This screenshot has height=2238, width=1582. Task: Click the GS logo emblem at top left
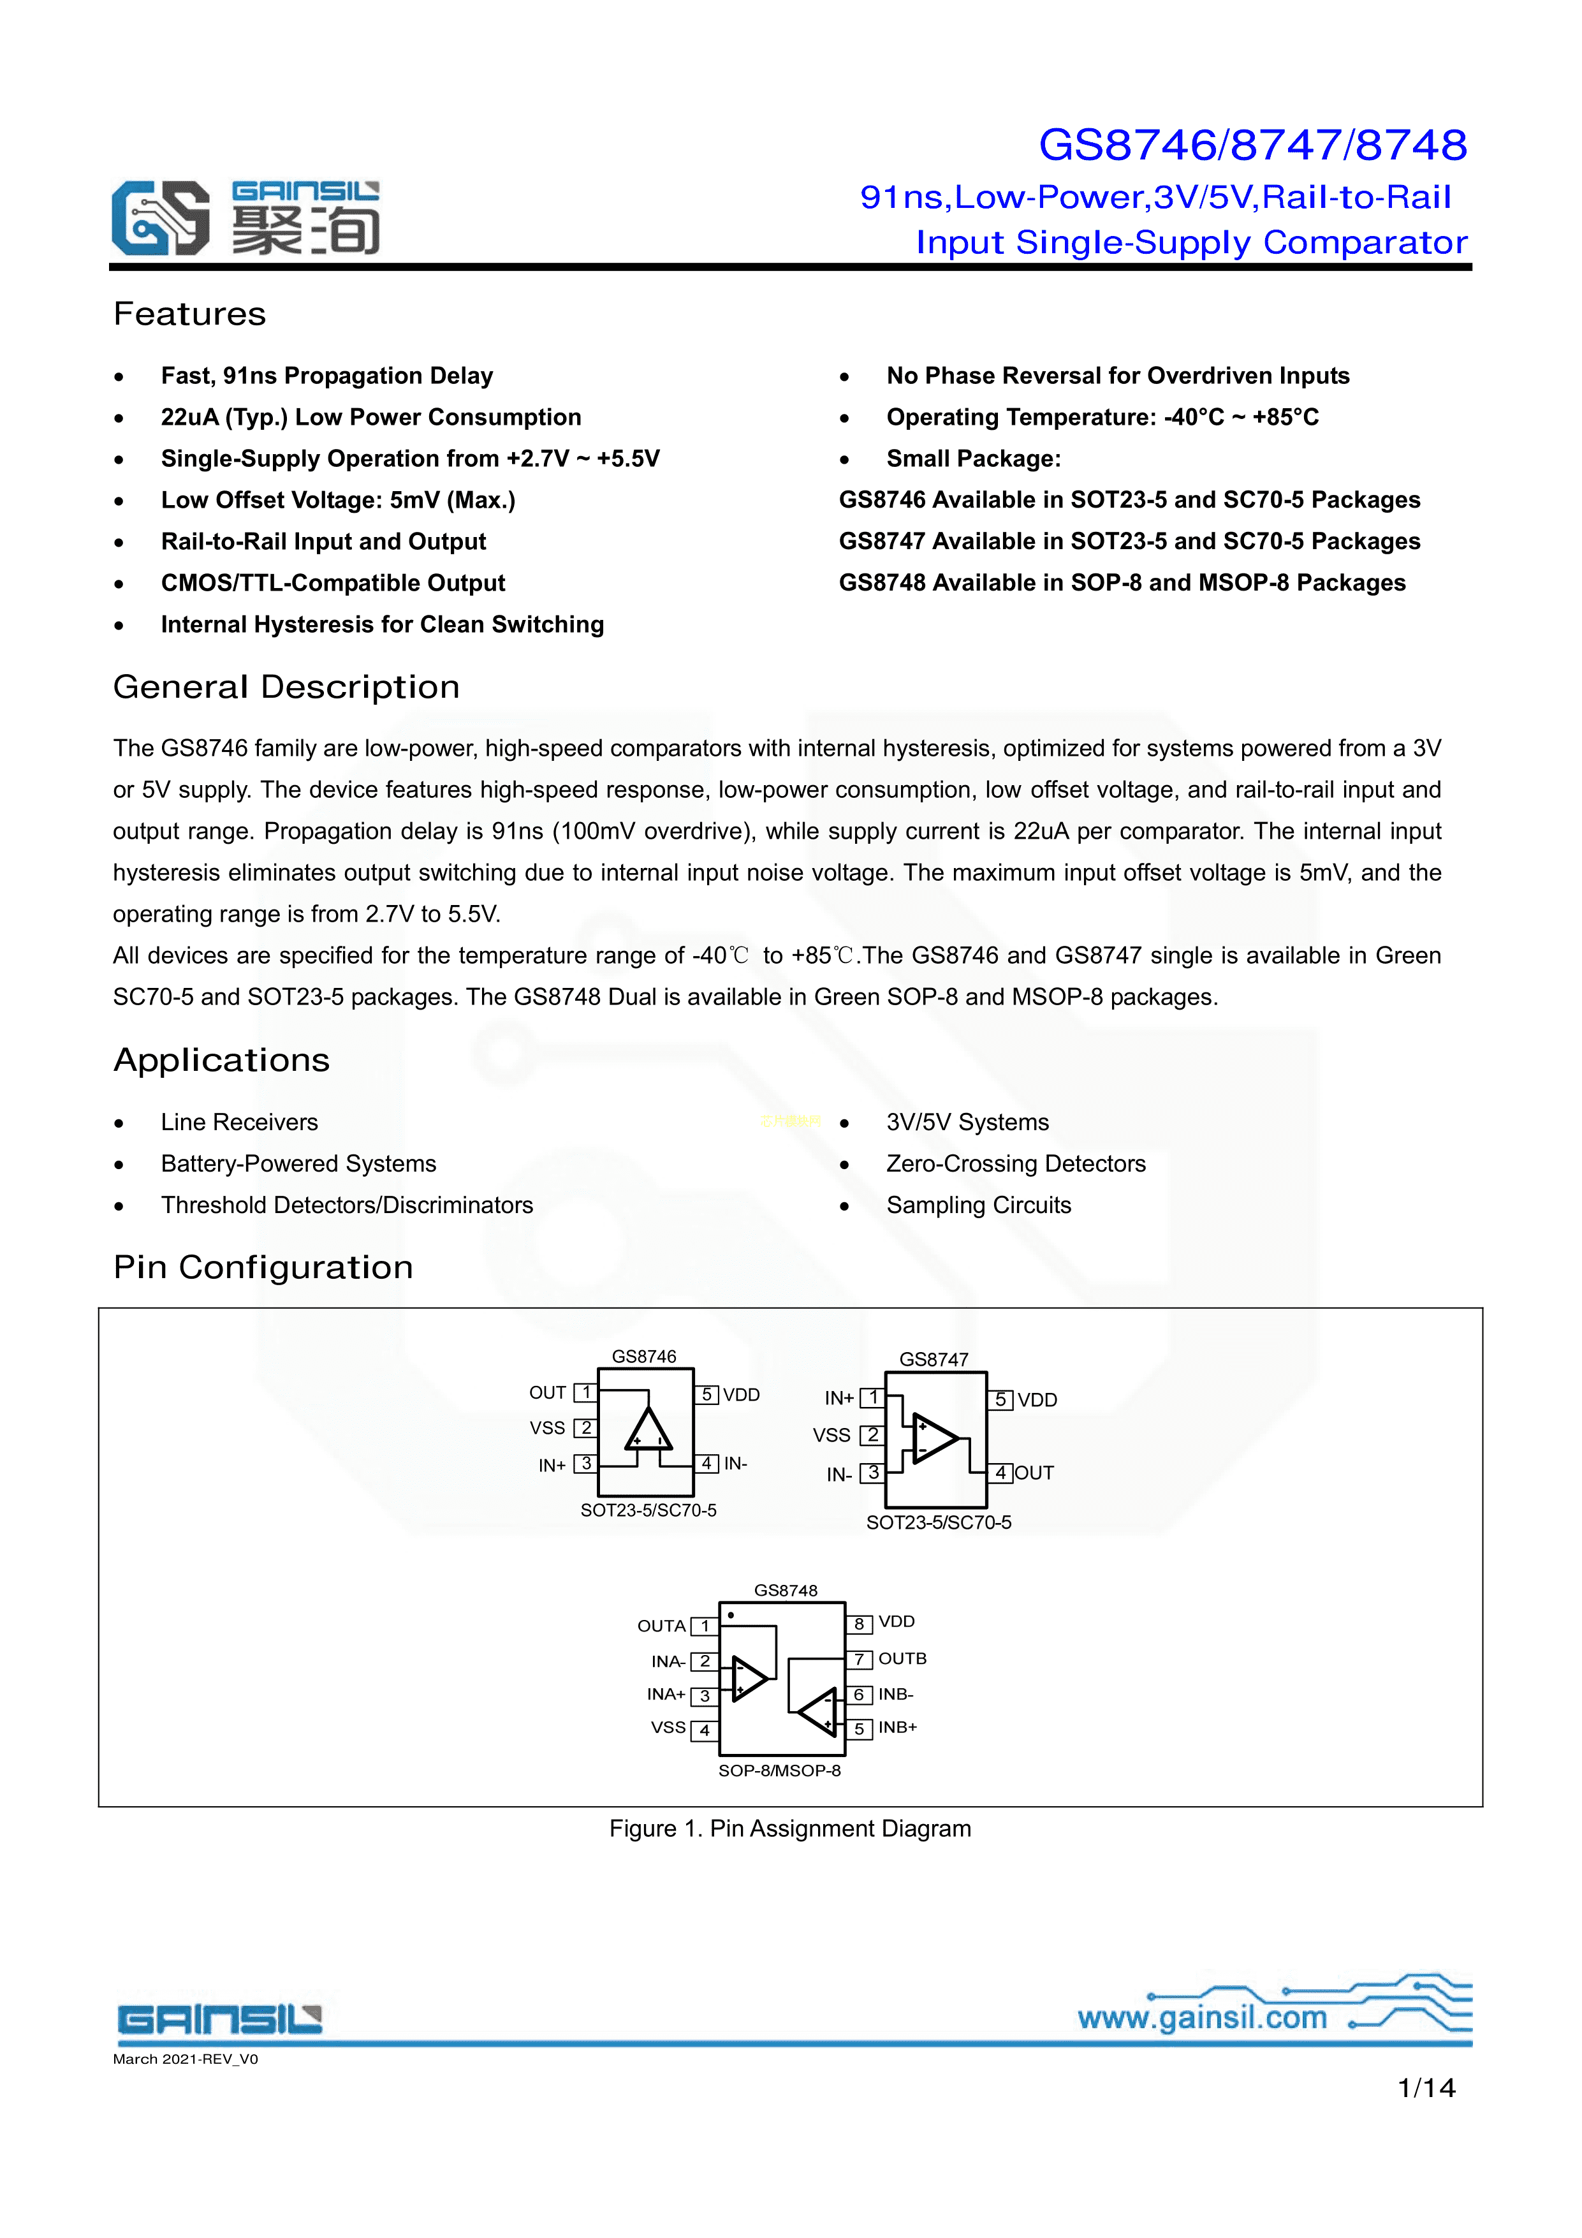[160, 217]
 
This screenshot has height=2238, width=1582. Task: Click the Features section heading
[189, 314]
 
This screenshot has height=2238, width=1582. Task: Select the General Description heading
[286, 687]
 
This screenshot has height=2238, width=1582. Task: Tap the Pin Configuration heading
[263, 1267]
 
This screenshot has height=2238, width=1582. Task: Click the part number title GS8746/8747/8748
[1252, 145]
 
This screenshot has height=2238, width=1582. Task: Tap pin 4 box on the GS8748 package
[704, 1730]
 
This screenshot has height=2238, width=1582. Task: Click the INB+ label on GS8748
[897, 1727]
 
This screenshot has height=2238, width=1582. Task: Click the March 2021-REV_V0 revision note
[185, 2059]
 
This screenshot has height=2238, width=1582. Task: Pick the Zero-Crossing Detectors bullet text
[1016, 1164]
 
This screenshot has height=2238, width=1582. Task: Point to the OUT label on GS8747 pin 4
[1034, 1473]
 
